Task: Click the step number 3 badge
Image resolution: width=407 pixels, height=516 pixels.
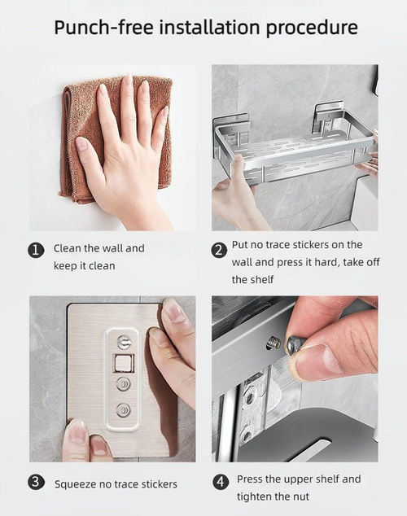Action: click(37, 483)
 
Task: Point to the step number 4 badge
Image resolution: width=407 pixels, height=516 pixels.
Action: click(220, 482)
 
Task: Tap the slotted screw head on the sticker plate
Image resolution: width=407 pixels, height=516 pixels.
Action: click(125, 342)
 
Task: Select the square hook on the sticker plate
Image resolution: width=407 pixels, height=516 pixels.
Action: click(125, 362)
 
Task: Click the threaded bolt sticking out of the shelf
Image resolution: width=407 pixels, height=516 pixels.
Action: click(275, 343)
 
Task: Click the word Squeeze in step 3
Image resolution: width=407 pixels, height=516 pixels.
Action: click(77, 484)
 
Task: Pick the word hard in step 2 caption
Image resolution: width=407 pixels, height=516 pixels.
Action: click(322, 262)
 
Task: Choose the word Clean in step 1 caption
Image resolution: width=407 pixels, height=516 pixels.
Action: click(68, 248)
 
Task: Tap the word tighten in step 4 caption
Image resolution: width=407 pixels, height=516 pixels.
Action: click(254, 496)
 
